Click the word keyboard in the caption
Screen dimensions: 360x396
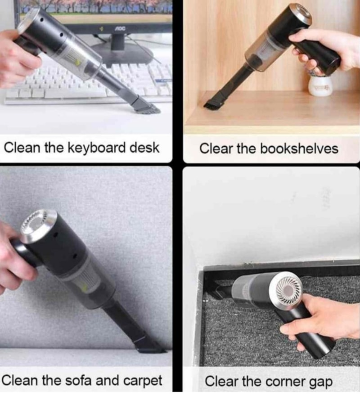click(x=97, y=148)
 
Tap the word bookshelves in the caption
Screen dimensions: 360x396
click(x=299, y=148)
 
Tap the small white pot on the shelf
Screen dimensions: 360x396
click(x=320, y=85)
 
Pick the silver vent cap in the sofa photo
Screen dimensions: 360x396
click(x=38, y=225)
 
